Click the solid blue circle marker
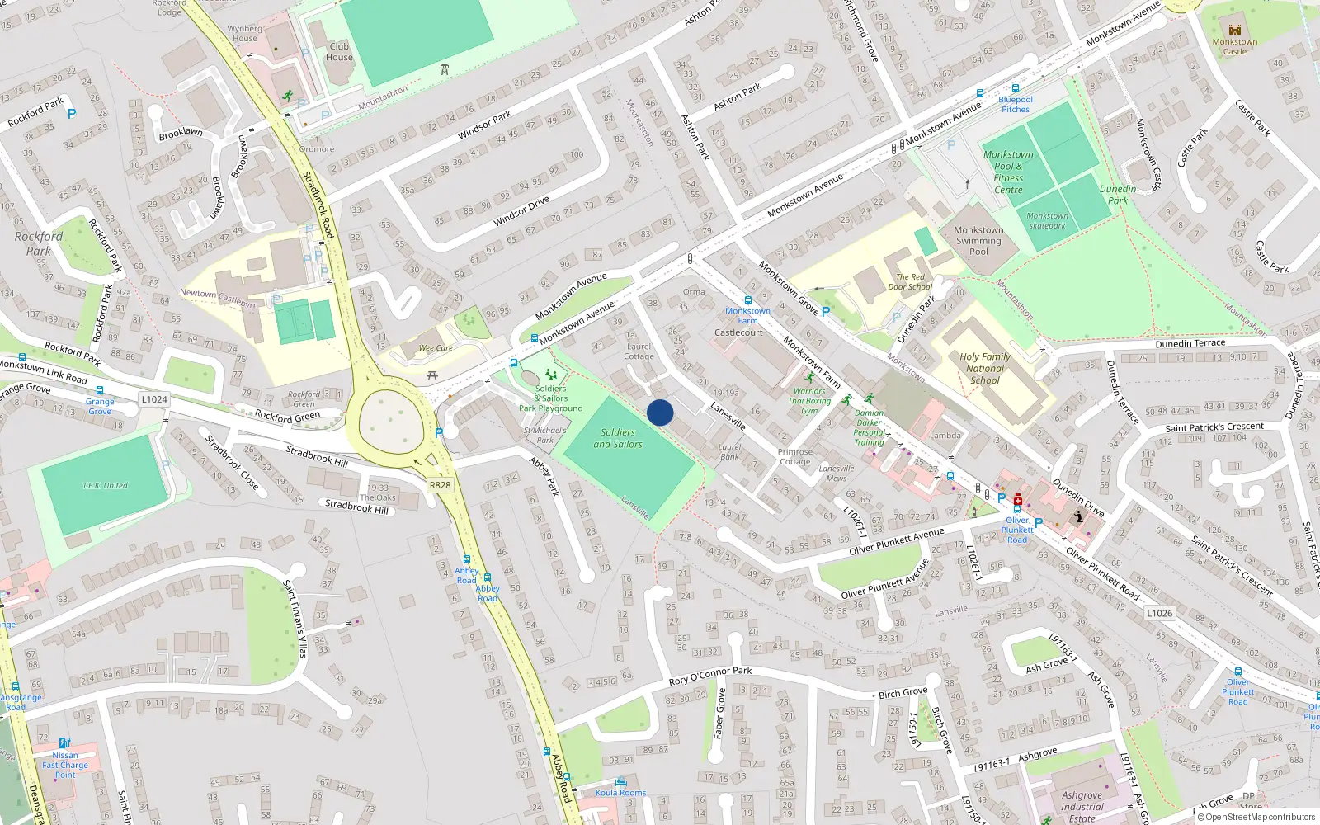tap(660, 412)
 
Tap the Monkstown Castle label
tap(1234, 46)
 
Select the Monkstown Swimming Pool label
tap(978, 241)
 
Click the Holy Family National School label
tap(985, 369)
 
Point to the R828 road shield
tap(440, 485)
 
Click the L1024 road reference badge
tap(154, 399)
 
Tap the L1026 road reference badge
tap(1159, 613)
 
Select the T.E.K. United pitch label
tap(105, 486)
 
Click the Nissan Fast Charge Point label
tap(65, 765)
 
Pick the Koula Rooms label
tap(620, 793)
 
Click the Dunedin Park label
tap(1118, 195)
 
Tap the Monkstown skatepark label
tap(1047, 221)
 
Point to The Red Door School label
tap(910, 282)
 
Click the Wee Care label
tap(436, 348)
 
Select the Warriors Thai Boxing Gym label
tap(809, 401)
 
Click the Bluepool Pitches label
tap(1016, 104)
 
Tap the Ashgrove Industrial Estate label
tap(1082, 807)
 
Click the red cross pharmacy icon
tap(1018, 499)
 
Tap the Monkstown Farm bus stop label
tap(747, 316)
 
